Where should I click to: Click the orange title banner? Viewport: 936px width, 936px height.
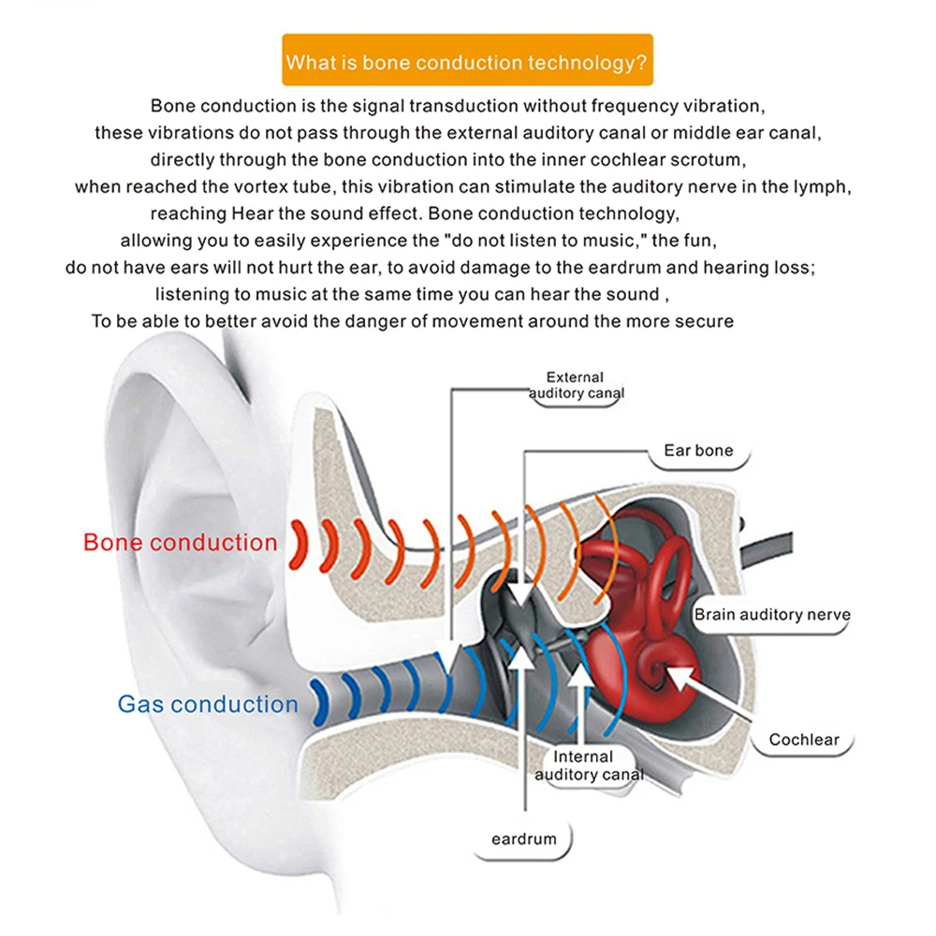point(467,60)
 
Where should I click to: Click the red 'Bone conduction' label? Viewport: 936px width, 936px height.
point(181,542)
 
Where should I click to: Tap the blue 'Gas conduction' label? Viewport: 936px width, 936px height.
point(208,704)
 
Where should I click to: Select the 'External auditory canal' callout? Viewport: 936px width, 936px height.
point(576,385)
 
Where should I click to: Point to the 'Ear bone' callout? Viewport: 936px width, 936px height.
point(698,450)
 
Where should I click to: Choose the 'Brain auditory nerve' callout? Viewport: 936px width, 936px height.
point(772,614)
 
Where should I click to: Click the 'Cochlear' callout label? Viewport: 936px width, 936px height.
point(804,739)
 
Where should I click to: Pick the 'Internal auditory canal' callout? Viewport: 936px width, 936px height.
point(589,766)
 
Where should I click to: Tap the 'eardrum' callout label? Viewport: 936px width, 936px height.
point(523,839)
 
